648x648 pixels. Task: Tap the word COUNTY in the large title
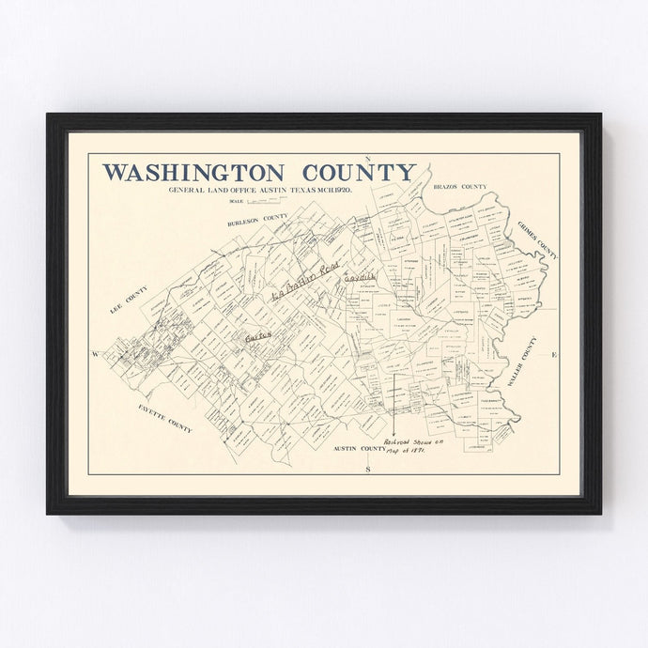[359, 173]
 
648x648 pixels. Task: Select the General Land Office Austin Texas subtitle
[260, 191]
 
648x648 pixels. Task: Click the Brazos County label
[459, 188]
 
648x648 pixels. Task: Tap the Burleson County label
[256, 221]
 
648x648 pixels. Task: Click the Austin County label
[359, 449]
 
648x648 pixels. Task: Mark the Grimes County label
[536, 241]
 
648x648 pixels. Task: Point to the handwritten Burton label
[257, 333]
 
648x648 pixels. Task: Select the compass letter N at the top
[369, 159]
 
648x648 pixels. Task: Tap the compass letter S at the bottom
[369, 467]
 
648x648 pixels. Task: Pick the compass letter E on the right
[553, 354]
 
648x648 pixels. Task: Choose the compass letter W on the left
[95, 354]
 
